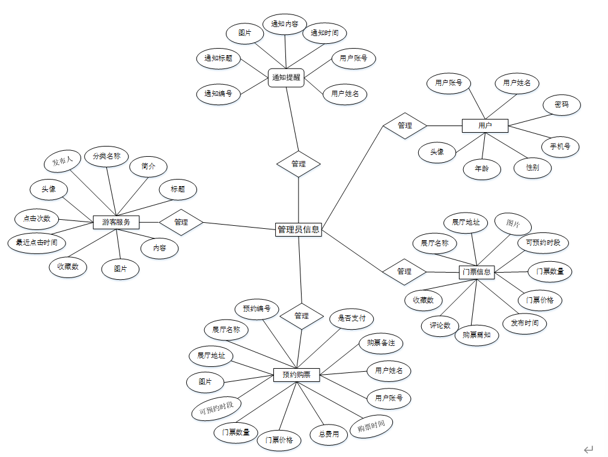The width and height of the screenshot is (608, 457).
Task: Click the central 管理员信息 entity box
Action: pyautogui.click(x=299, y=229)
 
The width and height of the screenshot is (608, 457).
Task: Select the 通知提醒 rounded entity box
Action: pyautogui.click(x=286, y=77)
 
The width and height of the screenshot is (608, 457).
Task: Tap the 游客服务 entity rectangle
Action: pyautogui.click(x=117, y=222)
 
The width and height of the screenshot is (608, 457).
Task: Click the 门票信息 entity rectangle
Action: pyautogui.click(x=476, y=272)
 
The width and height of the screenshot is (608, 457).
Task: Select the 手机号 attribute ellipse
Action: pyautogui.click(x=560, y=146)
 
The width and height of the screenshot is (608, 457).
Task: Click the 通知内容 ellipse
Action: pyautogui.click(x=285, y=24)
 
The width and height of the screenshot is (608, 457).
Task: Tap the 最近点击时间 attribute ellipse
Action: pyautogui.click(x=37, y=243)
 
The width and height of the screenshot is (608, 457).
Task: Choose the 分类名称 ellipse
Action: pyautogui.click(x=106, y=157)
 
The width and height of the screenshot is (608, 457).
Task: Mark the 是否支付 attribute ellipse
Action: pyautogui.click(x=351, y=318)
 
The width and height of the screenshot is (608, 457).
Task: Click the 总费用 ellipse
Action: pyautogui.click(x=329, y=434)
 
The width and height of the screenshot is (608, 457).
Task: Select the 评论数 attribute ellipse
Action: pyautogui.click(x=440, y=325)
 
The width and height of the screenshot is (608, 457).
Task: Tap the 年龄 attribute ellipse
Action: pyautogui.click(x=482, y=169)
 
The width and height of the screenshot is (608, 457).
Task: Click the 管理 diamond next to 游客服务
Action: pyautogui.click(x=181, y=222)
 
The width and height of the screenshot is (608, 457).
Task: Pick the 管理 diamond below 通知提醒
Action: pyautogui.click(x=299, y=164)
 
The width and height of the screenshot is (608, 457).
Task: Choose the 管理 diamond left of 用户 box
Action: pyautogui.click(x=405, y=126)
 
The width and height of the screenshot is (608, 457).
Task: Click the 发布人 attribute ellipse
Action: pyautogui.click(x=62, y=161)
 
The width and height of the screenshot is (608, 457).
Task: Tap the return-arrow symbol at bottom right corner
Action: pyautogui.click(x=588, y=449)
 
